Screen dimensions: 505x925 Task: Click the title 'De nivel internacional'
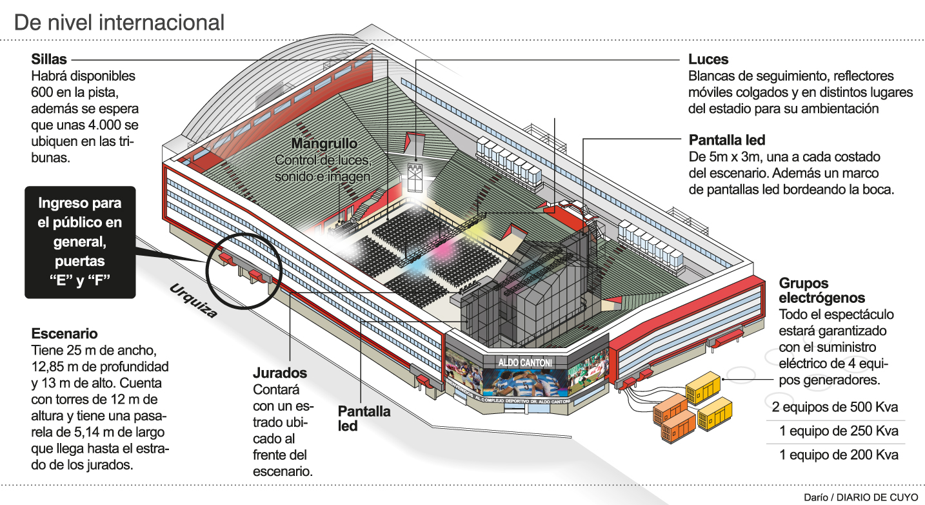coord(119,23)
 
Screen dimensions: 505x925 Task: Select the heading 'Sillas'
coord(49,59)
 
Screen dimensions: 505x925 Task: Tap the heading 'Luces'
coord(708,59)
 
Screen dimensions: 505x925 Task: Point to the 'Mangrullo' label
coord(323,143)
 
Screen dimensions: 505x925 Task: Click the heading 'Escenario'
coord(65,334)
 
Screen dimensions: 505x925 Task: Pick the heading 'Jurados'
coord(279,373)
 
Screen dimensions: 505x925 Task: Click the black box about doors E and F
coord(80,242)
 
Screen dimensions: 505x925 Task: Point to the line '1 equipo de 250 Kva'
coord(835,431)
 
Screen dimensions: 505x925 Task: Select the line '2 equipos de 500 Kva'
coord(835,408)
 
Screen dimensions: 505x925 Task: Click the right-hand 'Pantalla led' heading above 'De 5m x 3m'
coord(727,140)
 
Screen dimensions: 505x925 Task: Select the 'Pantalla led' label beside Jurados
coord(364,418)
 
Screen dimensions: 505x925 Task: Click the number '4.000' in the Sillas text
coord(115,124)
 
